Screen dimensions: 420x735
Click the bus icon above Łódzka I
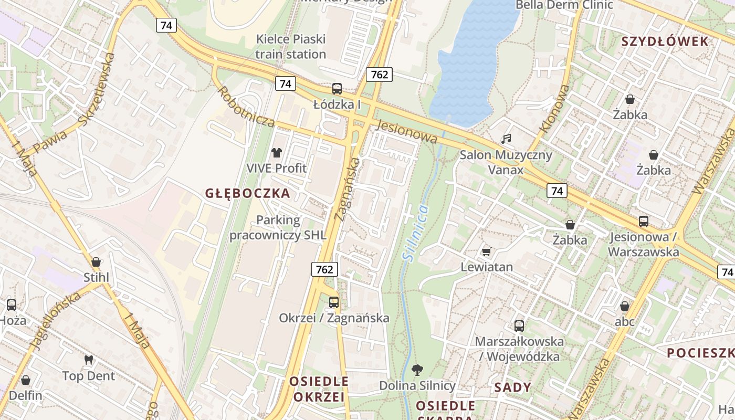(337, 89)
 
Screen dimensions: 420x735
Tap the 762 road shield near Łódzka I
(379, 75)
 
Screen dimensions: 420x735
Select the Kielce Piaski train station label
(291, 46)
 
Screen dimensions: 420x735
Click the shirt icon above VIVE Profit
(277, 153)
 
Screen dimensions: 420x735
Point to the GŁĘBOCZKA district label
(247, 193)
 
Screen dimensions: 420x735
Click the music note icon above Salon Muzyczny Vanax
(506, 139)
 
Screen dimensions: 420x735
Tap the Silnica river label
(415, 233)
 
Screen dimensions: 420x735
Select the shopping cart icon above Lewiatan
(487, 252)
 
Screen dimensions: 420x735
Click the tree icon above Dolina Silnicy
(417, 370)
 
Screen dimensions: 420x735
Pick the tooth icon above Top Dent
(89, 360)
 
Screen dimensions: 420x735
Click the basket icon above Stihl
(96, 261)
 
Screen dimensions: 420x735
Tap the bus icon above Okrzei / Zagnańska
(334, 302)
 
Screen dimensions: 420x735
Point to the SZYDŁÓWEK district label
(665, 42)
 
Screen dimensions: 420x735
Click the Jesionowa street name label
(407, 132)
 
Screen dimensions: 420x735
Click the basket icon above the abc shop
(625, 306)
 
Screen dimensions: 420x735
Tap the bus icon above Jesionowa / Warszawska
(644, 222)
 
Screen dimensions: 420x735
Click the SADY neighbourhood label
(513, 387)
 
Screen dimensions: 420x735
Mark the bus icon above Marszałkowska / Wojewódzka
(519, 326)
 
